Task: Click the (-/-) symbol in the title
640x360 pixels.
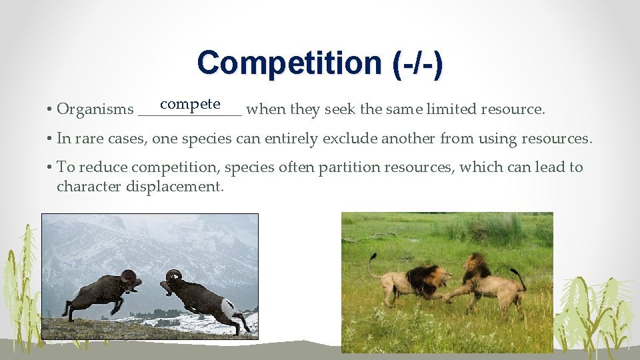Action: [414, 63]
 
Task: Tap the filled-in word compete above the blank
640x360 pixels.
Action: [190, 103]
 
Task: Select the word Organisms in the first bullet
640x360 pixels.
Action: [95, 109]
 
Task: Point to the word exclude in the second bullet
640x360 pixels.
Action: [346, 139]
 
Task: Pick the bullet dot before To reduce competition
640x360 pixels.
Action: [50, 167]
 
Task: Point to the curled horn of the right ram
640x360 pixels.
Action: [174, 275]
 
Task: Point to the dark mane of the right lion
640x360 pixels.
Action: [476, 267]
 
